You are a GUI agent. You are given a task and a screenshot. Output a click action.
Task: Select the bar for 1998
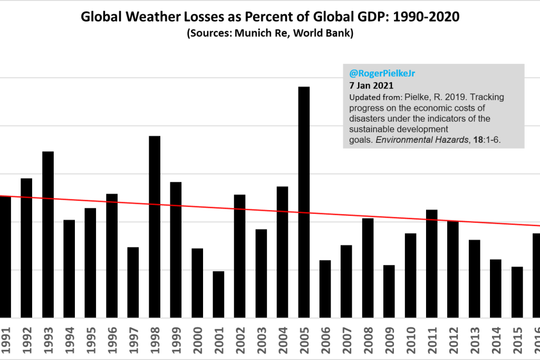155,227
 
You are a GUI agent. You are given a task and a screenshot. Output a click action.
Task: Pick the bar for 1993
48,235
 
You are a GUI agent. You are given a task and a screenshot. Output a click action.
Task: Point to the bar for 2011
432,264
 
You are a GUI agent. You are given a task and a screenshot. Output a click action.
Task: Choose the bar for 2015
517,292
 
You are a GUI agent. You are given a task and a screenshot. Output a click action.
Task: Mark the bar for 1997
133,282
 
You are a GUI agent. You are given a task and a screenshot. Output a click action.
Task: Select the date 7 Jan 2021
371,86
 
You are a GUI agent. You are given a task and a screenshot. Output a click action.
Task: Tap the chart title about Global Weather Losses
269,17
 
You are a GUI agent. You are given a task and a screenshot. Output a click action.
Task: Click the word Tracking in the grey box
488,97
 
